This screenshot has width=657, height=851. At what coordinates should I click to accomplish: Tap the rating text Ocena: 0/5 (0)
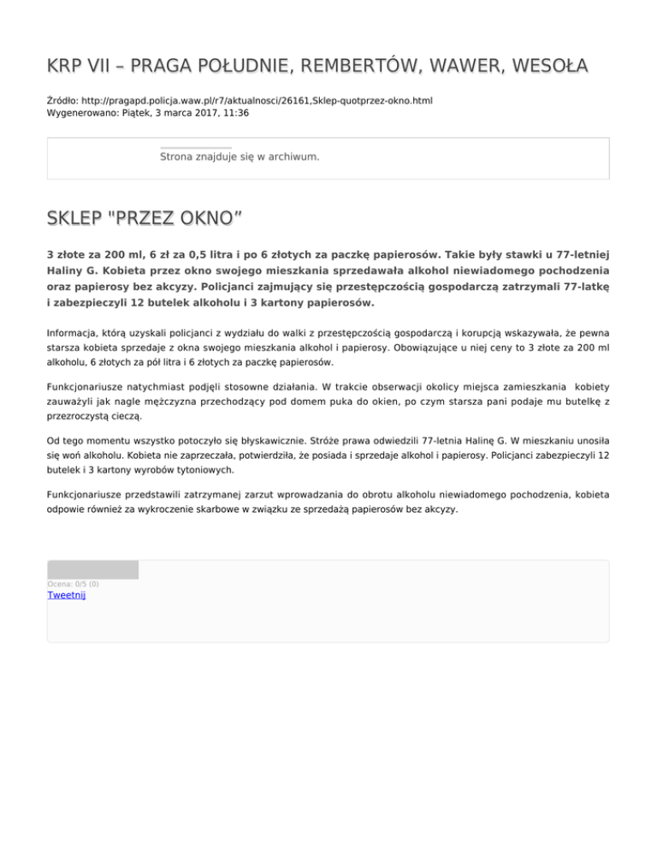point(73,584)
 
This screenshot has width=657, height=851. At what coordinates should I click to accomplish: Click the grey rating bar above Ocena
point(92,569)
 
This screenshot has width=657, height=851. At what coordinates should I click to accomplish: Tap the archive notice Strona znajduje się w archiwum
point(240,158)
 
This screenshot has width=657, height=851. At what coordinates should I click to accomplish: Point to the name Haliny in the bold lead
point(67,270)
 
